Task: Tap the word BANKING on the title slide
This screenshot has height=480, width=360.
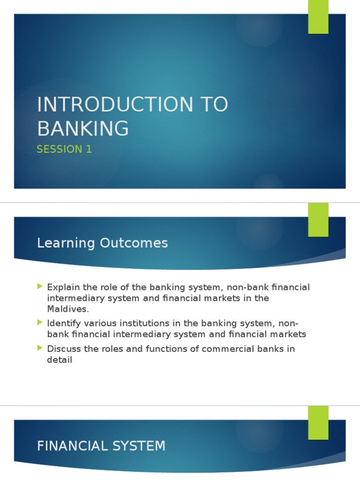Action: click(x=83, y=128)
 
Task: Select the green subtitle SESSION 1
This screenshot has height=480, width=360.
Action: click(x=64, y=150)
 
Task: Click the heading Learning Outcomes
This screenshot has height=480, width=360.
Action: click(x=102, y=243)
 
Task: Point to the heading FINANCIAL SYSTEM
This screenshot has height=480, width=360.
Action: click(x=101, y=446)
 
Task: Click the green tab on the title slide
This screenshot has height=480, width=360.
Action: click(x=318, y=17)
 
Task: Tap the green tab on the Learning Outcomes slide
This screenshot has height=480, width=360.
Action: click(x=318, y=220)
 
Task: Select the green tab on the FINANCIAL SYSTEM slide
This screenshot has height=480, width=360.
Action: click(x=318, y=422)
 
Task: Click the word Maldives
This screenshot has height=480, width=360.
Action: click(x=67, y=309)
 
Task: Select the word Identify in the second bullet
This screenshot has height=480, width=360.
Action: click(x=62, y=323)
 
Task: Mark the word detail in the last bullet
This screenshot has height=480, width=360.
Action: click(x=60, y=360)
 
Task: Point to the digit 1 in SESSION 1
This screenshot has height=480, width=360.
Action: click(x=89, y=150)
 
